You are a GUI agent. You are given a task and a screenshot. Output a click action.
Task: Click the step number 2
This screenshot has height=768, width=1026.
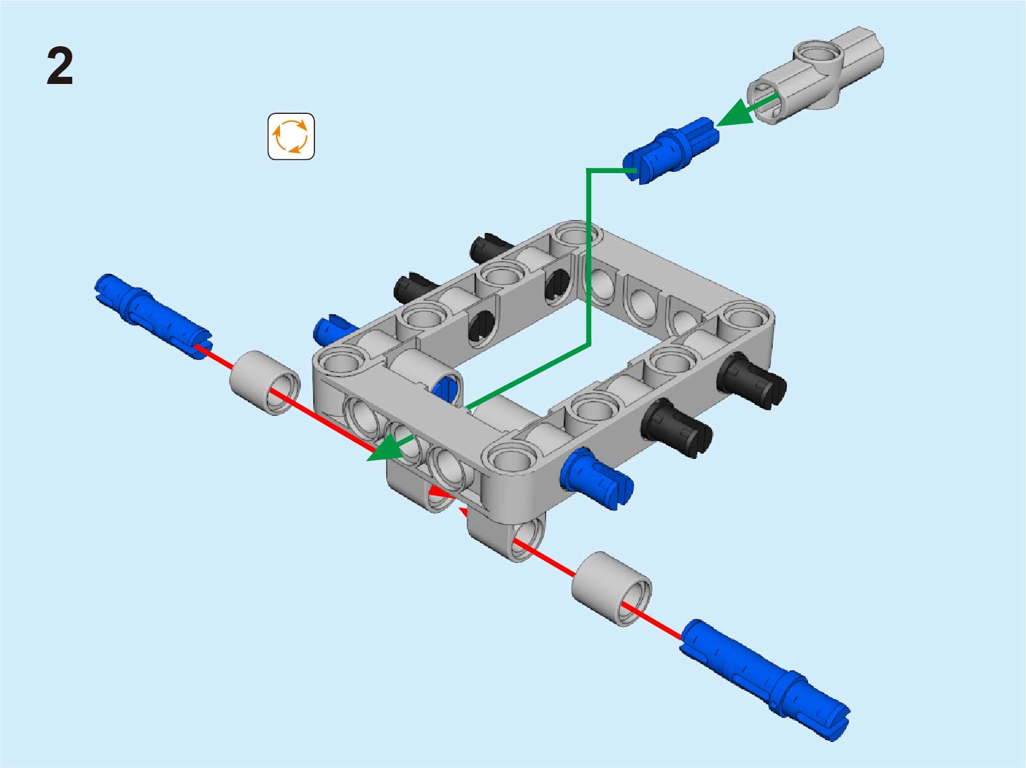(60, 67)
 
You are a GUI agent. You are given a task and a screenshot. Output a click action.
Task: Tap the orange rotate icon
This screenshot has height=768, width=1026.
(291, 137)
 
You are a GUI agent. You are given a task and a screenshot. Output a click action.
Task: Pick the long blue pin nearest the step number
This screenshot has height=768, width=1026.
(154, 316)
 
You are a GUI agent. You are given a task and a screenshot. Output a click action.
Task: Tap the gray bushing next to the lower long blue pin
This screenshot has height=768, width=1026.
(611, 588)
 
